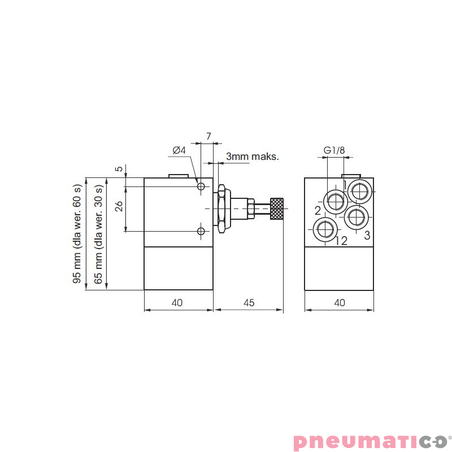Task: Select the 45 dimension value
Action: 249,303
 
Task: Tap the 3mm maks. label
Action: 253,156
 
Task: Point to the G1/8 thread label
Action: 334,151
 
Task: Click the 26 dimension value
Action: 119,206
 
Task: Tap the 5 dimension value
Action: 119,169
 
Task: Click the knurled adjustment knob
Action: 277,209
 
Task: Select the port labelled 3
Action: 357,215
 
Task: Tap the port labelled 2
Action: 334,201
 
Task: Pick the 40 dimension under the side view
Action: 177,303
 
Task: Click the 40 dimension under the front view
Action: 339,303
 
